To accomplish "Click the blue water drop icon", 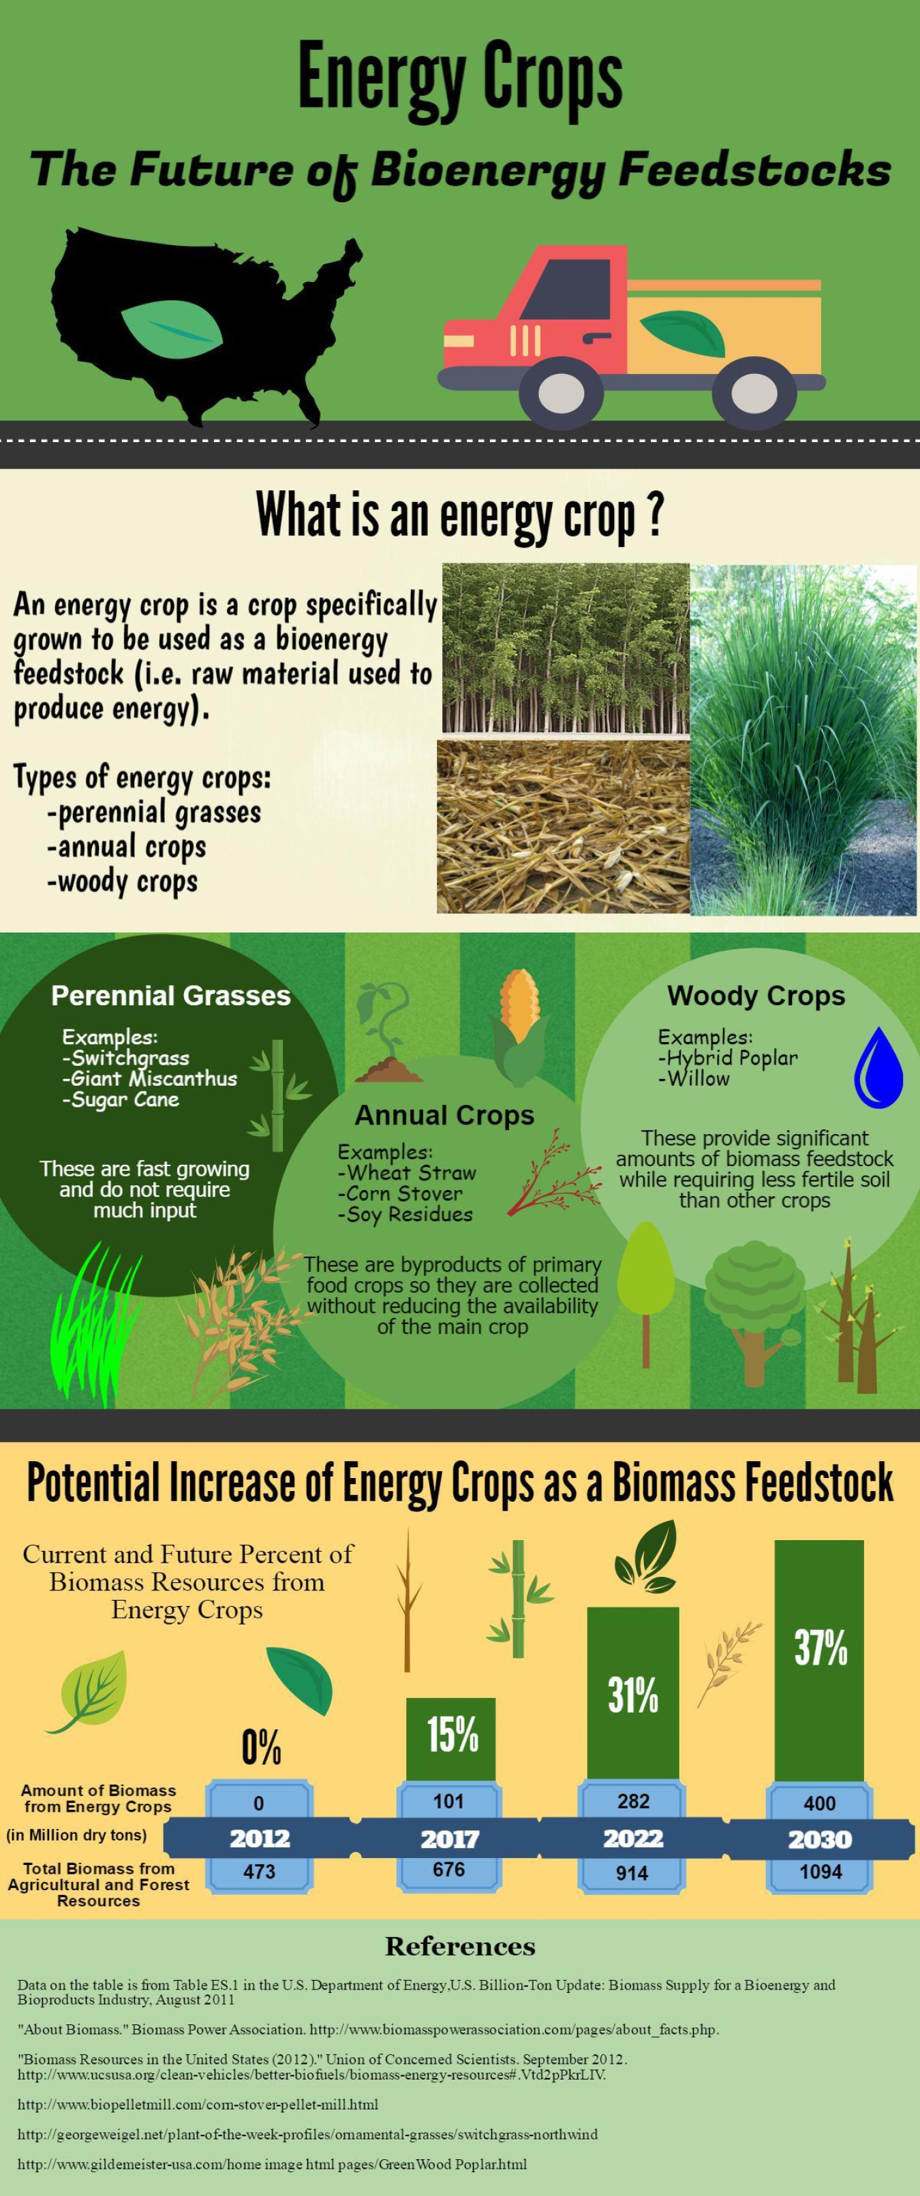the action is [878, 1067].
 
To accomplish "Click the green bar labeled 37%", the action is [818, 1661].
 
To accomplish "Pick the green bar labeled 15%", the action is [450, 1739].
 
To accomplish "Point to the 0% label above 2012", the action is [261, 1748].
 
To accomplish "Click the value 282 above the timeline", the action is [632, 1802].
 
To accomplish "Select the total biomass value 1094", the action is [821, 1872].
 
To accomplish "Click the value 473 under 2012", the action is [259, 1871].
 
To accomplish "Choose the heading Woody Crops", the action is [756, 996].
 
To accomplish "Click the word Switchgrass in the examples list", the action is [129, 1058].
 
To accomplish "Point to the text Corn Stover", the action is [404, 1193].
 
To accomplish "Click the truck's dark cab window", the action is [566, 288].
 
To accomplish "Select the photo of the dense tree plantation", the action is [566, 650].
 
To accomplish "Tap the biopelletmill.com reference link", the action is [198, 2105].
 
